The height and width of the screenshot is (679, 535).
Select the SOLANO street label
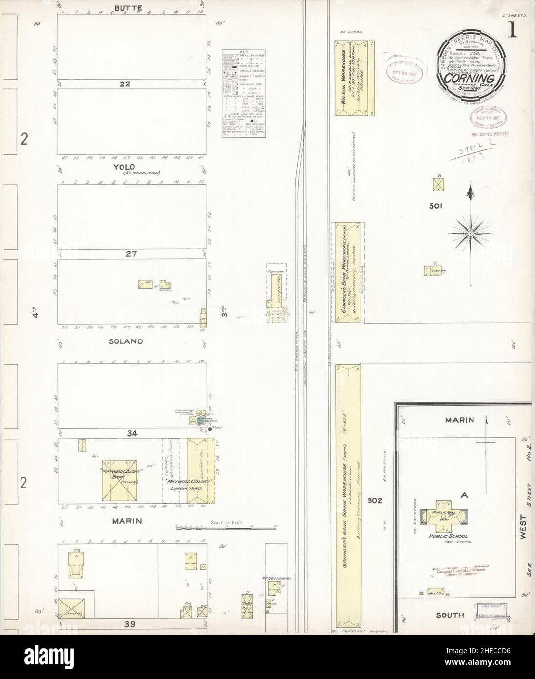click(x=126, y=341)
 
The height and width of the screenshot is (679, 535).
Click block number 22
click(x=126, y=84)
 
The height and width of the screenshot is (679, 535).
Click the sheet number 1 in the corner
click(x=513, y=31)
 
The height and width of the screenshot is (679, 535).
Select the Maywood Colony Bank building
click(x=119, y=480)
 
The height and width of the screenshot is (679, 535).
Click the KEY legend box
click(x=243, y=93)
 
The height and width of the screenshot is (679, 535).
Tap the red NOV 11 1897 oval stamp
click(x=489, y=117)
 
